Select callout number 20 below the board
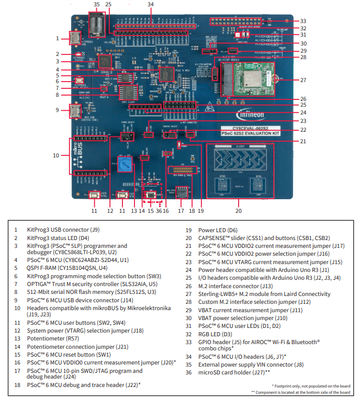pos(239,211)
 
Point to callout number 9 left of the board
pos(57,110)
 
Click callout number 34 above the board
pos(151,4)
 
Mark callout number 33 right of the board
pos(303,21)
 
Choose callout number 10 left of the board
pos(57,155)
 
